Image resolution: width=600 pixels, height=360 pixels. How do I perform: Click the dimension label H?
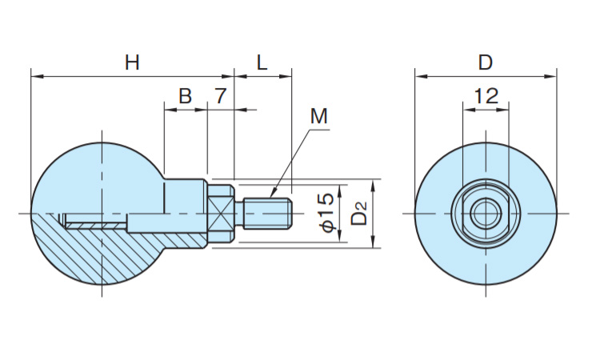click(132, 62)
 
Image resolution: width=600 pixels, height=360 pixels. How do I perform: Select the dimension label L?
click(262, 62)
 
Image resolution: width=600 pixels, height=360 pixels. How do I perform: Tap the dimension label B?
click(185, 96)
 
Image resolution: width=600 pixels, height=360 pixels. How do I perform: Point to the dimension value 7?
click(221, 96)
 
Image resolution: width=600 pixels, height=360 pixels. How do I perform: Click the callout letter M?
click(319, 116)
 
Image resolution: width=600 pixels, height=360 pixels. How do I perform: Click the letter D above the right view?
click(485, 62)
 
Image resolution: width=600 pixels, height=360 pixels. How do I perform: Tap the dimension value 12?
click(485, 96)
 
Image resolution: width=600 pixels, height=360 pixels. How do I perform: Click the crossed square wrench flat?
click(222, 214)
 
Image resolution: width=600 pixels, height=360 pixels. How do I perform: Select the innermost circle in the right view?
click(485, 214)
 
